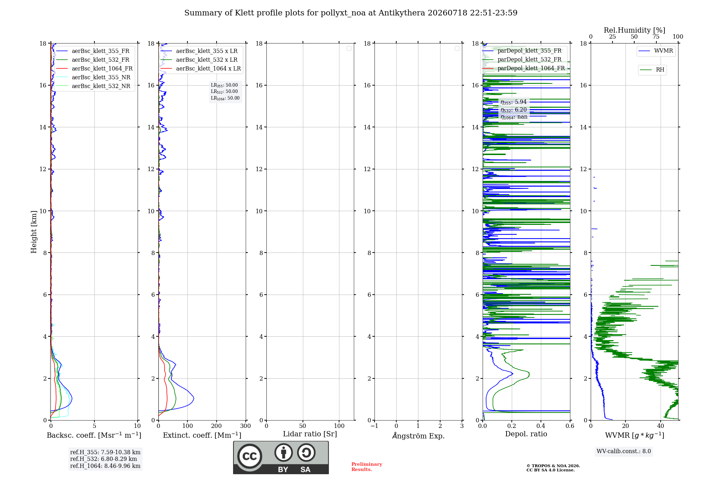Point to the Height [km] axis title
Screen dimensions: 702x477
(34, 232)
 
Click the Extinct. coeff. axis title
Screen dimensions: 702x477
(202, 435)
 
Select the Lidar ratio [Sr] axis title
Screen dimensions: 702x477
(310, 434)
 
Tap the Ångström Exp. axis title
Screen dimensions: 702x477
(418, 436)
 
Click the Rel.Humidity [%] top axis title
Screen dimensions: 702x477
(635, 30)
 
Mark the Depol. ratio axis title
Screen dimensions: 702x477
(526, 434)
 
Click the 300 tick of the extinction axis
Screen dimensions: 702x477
(246, 426)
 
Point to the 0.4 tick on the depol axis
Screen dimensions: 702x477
(541, 426)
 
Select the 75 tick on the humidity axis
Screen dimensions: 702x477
(656, 36)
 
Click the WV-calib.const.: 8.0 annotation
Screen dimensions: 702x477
(624, 451)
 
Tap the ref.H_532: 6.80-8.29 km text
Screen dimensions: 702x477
(104, 459)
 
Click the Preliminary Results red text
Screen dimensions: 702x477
(367, 467)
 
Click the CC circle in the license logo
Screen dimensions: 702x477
(250, 456)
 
